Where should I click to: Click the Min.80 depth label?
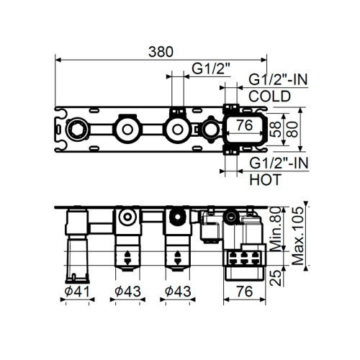coord(276,227)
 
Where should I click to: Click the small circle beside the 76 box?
coord(212,130)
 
